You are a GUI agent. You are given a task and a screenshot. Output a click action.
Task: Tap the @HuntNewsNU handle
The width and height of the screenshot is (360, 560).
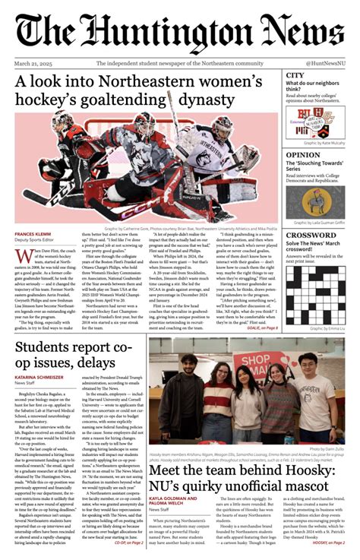coord(325,63)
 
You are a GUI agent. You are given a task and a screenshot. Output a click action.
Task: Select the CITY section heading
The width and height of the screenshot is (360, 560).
coord(295,75)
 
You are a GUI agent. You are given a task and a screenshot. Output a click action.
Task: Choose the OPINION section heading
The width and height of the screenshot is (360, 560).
coord(302,155)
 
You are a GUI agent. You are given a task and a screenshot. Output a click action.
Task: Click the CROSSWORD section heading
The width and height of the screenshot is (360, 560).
coord(311,236)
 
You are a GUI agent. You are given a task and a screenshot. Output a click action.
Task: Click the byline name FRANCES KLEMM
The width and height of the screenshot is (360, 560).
coord(35,234)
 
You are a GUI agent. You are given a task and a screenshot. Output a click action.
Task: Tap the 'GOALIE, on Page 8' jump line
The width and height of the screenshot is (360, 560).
coord(261,327)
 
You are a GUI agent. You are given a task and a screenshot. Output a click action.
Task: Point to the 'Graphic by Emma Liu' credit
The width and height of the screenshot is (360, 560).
coord(324,328)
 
